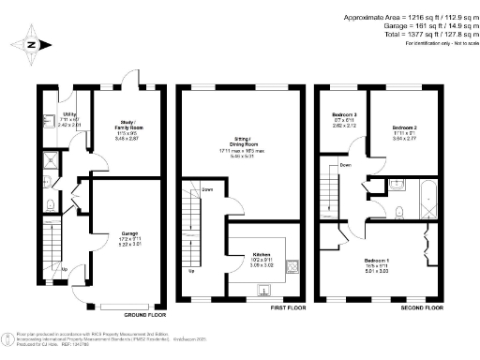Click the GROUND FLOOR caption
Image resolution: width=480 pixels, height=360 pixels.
(143, 316)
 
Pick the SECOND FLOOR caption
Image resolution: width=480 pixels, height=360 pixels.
(424, 306)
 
